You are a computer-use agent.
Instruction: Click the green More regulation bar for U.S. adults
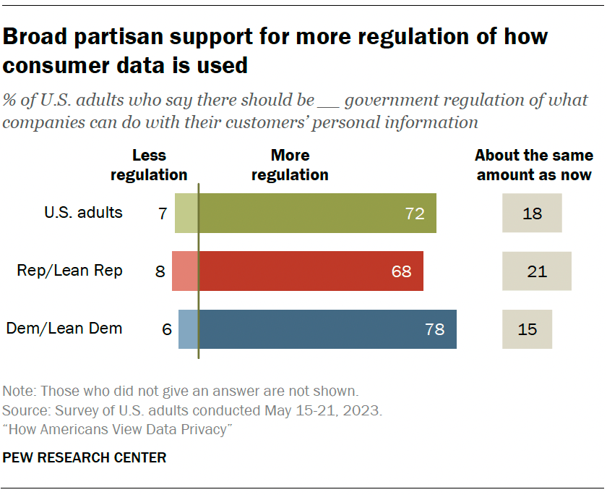coord(303,213)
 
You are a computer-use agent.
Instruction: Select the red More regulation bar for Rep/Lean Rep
coord(296,271)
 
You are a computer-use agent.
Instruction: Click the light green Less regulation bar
coord(186,213)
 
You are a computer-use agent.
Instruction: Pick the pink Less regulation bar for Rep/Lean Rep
coord(184,271)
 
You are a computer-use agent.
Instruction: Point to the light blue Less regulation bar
coord(188,329)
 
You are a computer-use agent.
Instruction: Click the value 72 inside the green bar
coord(415,214)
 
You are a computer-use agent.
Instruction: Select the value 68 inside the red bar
coord(402,272)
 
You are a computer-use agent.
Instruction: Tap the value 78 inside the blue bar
coord(435,330)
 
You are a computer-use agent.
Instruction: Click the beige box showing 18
coord(532,213)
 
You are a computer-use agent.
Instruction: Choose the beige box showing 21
coord(537,271)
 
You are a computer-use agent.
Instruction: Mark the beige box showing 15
coord(528,329)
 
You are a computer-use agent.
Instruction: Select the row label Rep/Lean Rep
coord(70,271)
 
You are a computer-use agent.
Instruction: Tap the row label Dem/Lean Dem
coord(64,329)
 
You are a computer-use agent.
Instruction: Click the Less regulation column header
coord(149,165)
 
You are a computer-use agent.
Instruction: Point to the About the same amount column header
coord(534,165)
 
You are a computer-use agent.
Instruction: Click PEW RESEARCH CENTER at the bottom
coord(85,457)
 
